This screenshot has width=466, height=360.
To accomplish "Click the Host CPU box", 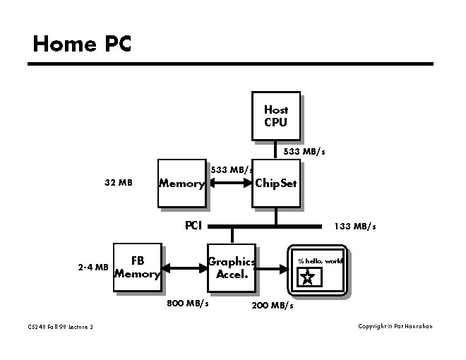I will (x=276, y=116).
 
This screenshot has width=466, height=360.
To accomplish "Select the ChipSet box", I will (x=276, y=184).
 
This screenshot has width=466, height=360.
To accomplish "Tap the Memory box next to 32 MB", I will (x=181, y=184).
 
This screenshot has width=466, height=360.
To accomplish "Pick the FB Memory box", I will (x=137, y=268).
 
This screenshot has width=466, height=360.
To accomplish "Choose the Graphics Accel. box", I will (x=231, y=268).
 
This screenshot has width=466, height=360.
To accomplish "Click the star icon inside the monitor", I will (x=306, y=277).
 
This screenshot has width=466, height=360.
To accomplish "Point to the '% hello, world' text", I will (x=319, y=260).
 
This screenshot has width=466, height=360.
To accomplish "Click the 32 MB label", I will (x=119, y=183).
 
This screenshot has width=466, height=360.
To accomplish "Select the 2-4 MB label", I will (x=93, y=268).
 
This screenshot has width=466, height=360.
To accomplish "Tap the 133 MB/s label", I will (x=355, y=227).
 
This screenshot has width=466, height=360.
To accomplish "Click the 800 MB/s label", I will (x=187, y=304).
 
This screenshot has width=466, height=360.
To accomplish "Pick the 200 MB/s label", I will (x=273, y=306).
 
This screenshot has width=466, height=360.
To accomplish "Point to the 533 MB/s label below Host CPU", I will (x=304, y=152).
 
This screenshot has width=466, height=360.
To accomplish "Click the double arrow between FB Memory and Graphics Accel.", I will (x=184, y=268).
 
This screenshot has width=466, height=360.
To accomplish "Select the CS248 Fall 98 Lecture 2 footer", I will (x=61, y=327).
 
